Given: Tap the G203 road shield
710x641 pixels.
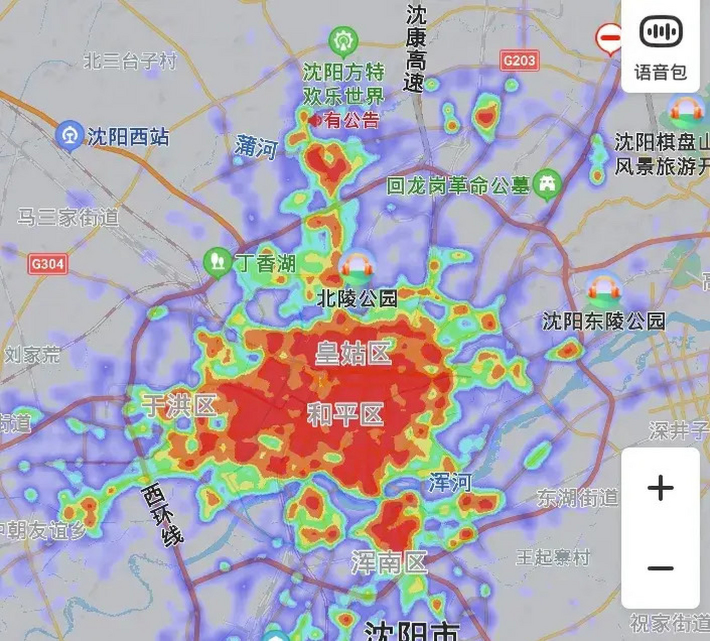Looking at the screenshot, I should (x=519, y=61).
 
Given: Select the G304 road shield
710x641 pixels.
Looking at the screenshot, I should (x=48, y=263).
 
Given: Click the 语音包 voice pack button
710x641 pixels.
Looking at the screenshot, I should (x=660, y=46).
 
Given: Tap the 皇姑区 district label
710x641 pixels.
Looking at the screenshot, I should (x=353, y=354).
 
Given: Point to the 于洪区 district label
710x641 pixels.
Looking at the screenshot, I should (x=179, y=405).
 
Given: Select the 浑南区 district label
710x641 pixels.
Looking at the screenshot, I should (x=389, y=562).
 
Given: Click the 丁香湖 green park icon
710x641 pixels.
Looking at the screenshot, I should (x=217, y=261).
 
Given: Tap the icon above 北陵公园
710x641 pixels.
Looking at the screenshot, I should (x=357, y=267).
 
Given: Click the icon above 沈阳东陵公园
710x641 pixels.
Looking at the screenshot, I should (x=604, y=289).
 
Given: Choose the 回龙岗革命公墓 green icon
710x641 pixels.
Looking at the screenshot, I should (x=547, y=184).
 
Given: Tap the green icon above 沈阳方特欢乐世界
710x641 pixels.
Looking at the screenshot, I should (x=343, y=41).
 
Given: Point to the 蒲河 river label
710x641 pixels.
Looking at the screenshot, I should (x=256, y=147).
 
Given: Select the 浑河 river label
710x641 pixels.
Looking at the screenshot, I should (x=449, y=483).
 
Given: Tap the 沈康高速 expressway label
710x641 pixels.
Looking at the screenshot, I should (x=415, y=49).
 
